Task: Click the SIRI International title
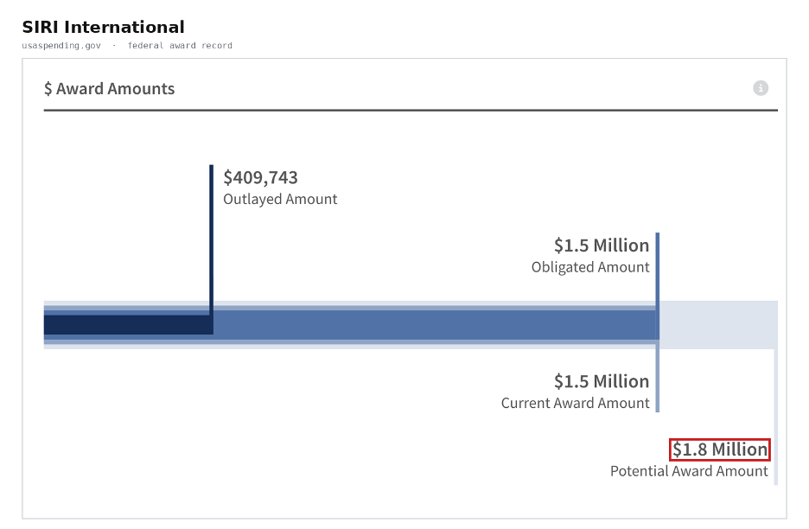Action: pos(103,27)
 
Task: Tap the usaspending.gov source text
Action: pos(61,46)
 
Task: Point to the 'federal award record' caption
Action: pos(180,46)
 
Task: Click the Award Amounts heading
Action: pos(115,89)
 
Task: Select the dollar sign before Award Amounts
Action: pos(48,89)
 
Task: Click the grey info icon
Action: pos(761,88)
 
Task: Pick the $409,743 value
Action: pos(260,177)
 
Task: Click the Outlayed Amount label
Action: pos(280,199)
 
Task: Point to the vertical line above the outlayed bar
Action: pos(212,240)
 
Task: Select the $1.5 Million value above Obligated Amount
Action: pos(602,245)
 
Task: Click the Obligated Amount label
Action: pos(590,267)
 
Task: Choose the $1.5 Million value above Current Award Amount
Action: pos(602,381)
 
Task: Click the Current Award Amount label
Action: pos(576,403)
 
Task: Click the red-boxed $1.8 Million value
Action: pos(720,449)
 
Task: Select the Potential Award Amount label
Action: pos(690,471)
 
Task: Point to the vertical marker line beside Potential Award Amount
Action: pos(776,417)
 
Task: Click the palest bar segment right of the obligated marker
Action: pos(718,325)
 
